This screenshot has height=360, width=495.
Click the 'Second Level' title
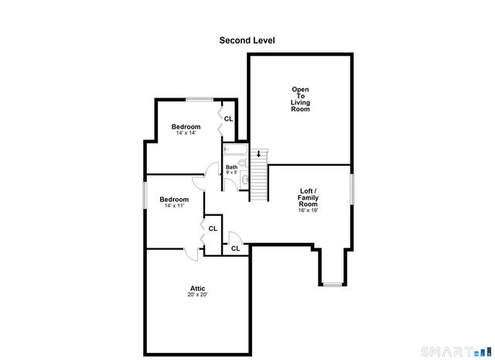coord(247,40)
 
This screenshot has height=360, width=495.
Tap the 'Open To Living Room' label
coord(300,99)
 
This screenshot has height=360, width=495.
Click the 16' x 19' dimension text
coord(308,210)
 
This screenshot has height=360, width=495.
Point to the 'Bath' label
coord(231,167)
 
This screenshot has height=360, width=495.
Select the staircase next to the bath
coord(258,176)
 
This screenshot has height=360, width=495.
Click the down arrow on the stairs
coord(258,153)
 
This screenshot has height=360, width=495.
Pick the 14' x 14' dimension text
coord(186,134)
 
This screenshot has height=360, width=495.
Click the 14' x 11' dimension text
coord(175,206)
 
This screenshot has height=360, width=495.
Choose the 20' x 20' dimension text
coord(197,295)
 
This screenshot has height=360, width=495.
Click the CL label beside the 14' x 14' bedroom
coord(228,118)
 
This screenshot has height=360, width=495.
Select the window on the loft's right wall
coord(352,189)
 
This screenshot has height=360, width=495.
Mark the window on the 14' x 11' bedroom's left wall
coord(145,194)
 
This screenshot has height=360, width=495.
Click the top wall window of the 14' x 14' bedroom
coord(200,98)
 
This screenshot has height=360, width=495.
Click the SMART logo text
coord(452,352)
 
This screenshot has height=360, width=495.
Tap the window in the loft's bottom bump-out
coord(333,285)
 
